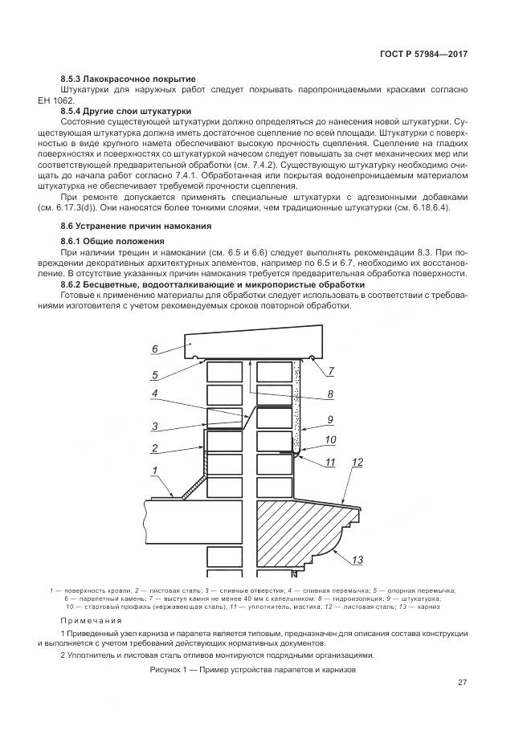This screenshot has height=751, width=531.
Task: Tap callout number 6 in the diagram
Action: (154, 349)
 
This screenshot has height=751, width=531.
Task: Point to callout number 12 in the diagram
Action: (357, 463)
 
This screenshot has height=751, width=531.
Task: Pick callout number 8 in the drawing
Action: (329, 394)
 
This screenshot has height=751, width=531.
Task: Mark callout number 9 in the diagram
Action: (329, 419)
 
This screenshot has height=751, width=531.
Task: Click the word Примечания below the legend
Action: (92, 621)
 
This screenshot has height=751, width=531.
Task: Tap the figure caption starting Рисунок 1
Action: (252, 669)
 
